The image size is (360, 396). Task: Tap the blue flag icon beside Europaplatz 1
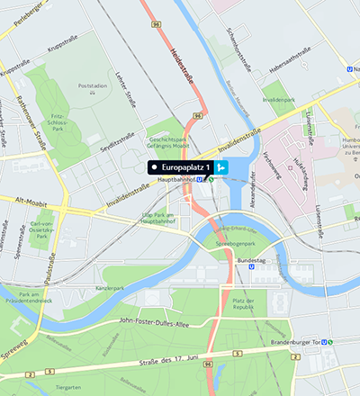pos(220,167)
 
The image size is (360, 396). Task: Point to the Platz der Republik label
pos(246,303)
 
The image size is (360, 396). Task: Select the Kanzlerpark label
pos(115,287)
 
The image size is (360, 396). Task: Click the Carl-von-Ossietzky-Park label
pos(46,227)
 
